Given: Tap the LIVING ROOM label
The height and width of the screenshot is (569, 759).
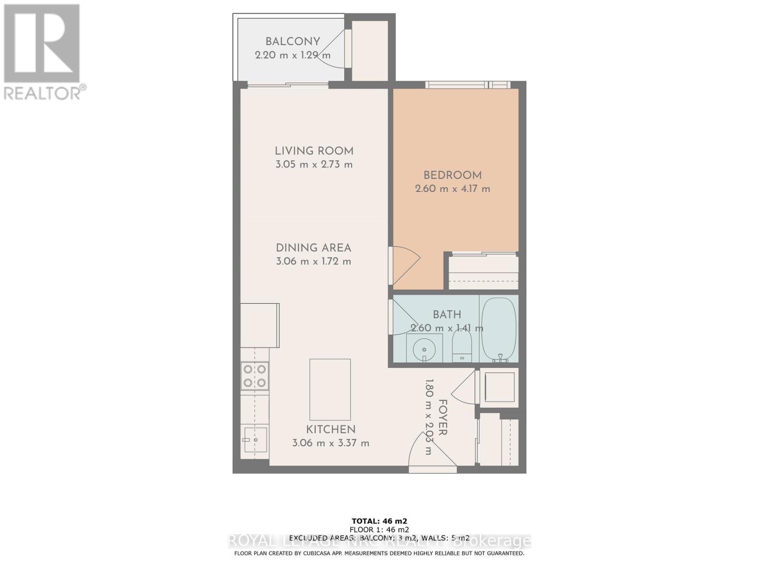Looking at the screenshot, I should click(314, 151).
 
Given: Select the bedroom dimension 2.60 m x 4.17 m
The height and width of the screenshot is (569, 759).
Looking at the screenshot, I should click(453, 189).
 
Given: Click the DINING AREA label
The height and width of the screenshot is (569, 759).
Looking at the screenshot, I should click(314, 248).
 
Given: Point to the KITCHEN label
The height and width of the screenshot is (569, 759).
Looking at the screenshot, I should click(331, 430).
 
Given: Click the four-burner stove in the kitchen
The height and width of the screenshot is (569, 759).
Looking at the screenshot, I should click(255, 376).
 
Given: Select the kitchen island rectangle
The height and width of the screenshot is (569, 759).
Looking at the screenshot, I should click(330, 389).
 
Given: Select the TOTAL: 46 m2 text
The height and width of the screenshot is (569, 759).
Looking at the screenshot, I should click(379, 521).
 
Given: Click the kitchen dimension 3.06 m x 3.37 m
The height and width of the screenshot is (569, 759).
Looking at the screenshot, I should click(331, 443).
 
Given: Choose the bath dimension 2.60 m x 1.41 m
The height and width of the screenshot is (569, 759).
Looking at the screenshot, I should click(447, 328).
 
